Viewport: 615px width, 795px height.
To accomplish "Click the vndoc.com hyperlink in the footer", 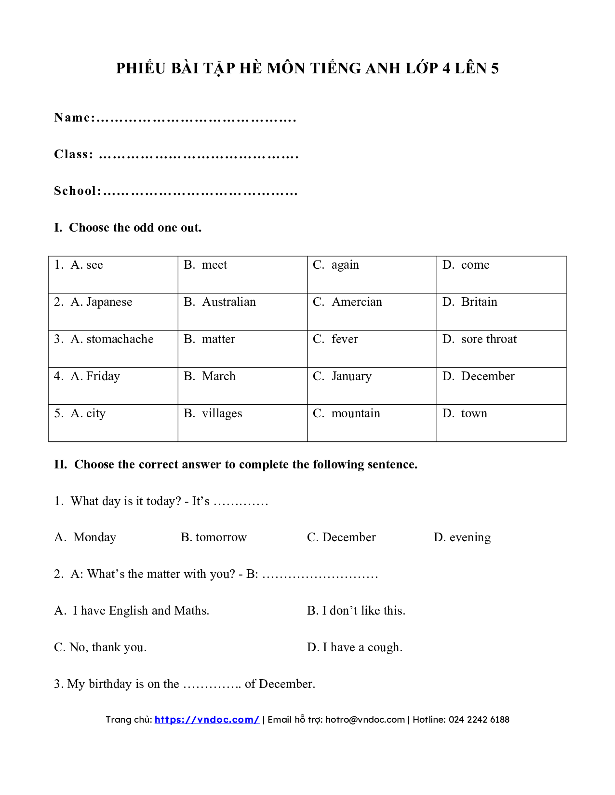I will tap(207, 719).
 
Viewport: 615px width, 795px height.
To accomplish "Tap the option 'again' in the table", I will tap(345, 265).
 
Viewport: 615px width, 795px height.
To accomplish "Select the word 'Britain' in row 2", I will tap(479, 302).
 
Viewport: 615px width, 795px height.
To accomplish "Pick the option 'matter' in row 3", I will tap(218, 339).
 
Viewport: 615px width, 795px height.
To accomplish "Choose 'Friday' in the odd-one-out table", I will tap(103, 376).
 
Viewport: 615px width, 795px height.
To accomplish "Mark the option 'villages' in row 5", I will tap(222, 413).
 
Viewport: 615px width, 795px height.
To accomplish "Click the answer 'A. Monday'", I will tap(86, 537).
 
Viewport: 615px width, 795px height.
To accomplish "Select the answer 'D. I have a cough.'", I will tap(355, 647).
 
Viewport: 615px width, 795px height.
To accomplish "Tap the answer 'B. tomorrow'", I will tap(214, 537).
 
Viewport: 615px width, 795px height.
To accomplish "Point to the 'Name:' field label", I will tap(75, 118).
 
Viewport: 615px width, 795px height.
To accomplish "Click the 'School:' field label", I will tap(78, 191).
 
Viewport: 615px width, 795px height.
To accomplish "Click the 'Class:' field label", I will tap(74, 154).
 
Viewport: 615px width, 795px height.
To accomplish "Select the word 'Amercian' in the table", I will tap(357, 302).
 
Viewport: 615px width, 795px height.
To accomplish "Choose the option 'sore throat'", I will tap(489, 339).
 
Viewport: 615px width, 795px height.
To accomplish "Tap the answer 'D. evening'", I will tap(462, 537).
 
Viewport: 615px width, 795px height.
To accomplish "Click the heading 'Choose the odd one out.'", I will tap(135, 228).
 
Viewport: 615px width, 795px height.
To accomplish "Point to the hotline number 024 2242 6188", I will tap(479, 719).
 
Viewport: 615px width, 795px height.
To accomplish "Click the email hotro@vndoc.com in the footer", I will tap(365, 719).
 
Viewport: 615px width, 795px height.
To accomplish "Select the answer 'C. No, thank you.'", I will tap(100, 647).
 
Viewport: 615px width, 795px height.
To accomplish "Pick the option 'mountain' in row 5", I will tap(356, 413).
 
